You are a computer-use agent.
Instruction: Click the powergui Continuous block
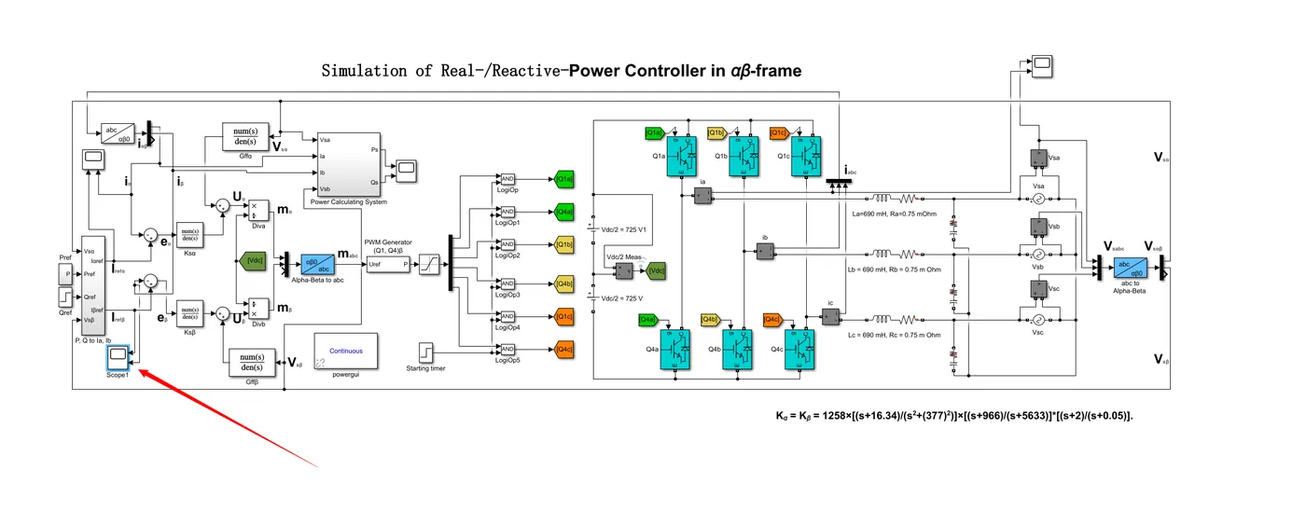pyautogui.click(x=339, y=352)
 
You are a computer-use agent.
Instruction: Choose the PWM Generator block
pyautogui.click(x=387, y=265)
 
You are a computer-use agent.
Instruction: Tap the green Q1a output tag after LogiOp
pyautogui.click(x=563, y=178)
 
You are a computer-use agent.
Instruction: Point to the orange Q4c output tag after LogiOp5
pyautogui.click(x=563, y=350)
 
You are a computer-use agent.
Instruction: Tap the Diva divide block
pyautogui.click(x=258, y=211)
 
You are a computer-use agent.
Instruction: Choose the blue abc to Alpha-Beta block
pyautogui.click(x=1131, y=269)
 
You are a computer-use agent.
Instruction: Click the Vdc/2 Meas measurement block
pyautogui.click(x=623, y=270)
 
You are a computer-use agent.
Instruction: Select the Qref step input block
pyautogui.click(x=64, y=297)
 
